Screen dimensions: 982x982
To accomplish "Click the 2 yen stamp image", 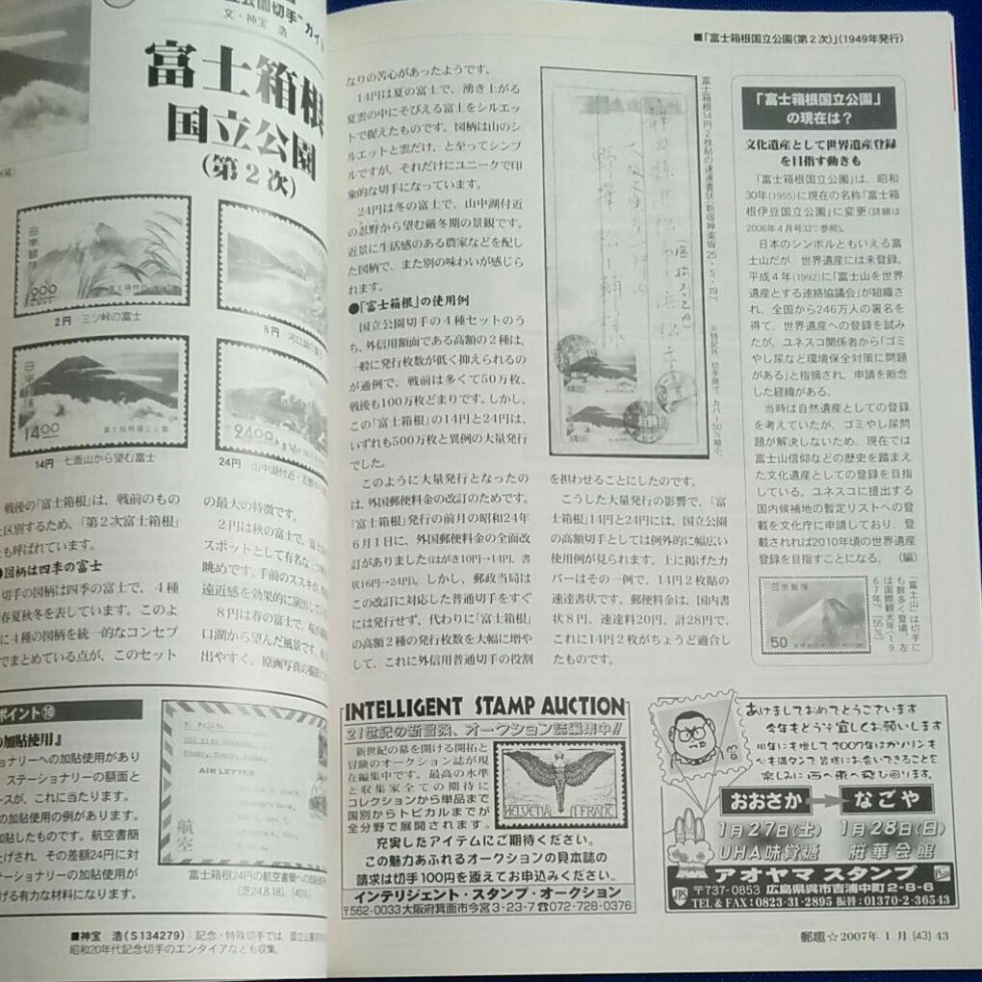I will point(101,256).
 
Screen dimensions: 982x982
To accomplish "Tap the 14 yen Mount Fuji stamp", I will point(99,395).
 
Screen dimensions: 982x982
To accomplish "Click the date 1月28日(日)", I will point(890,828).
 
